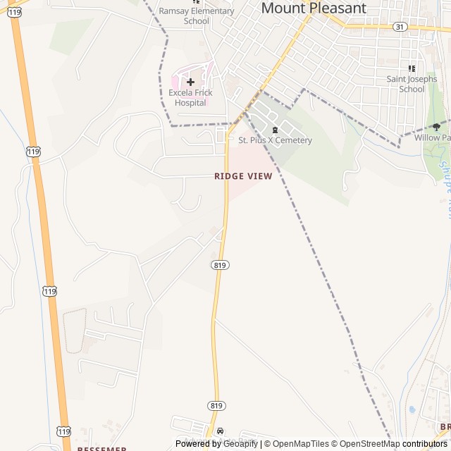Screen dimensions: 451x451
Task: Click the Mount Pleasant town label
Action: click(314, 8)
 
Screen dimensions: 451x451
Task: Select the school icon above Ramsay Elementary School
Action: click(196, 1)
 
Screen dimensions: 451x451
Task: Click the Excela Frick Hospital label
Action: click(190, 98)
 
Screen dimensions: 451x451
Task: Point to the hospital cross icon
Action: click(190, 82)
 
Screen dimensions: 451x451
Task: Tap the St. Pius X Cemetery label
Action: click(275, 140)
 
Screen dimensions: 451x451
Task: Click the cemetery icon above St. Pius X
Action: click(275, 129)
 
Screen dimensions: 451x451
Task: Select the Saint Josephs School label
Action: click(412, 85)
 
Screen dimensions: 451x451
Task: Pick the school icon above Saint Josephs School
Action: click(412, 69)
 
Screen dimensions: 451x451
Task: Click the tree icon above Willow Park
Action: click(436, 127)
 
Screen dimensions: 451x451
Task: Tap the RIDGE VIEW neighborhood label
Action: click(243, 176)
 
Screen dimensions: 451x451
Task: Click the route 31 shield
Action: click(400, 27)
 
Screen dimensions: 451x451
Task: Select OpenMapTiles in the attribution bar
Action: click(296, 444)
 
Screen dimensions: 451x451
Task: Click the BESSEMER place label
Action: click(101, 449)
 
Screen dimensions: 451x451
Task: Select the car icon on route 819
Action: click(221, 431)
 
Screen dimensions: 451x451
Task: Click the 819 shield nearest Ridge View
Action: click(220, 264)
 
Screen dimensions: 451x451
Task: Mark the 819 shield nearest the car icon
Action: click(216, 405)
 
